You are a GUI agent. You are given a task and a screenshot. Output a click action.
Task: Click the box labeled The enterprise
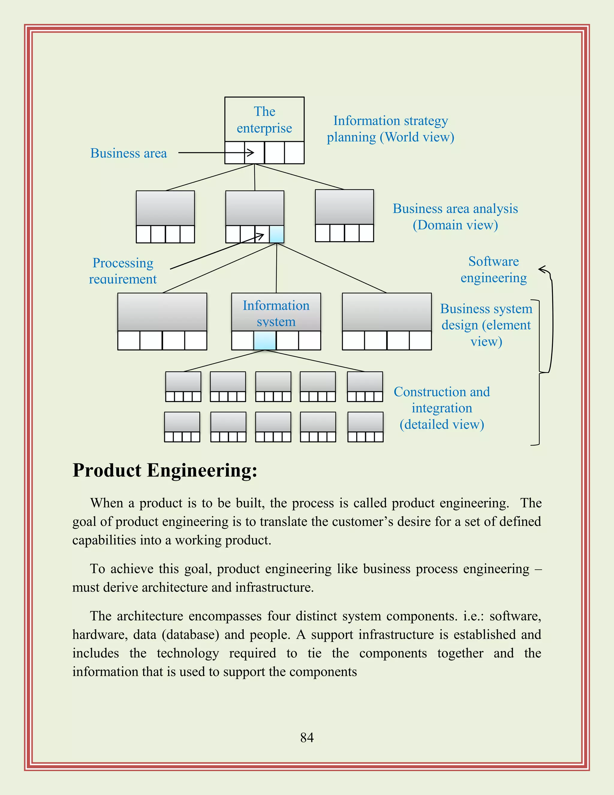click(x=264, y=120)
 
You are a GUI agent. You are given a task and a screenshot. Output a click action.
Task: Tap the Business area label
click(x=128, y=153)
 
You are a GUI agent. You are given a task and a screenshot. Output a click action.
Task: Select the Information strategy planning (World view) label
click(x=390, y=129)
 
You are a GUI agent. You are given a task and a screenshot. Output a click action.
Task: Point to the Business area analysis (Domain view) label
click(x=455, y=217)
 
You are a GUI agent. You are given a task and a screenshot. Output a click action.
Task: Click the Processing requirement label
click(x=123, y=271)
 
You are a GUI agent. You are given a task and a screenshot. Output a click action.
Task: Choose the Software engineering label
click(x=493, y=269)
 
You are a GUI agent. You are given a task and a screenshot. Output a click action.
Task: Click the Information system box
click(x=276, y=313)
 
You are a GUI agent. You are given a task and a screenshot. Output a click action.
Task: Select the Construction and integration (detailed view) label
click(x=442, y=408)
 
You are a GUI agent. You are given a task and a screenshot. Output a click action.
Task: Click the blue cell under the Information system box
click(x=265, y=341)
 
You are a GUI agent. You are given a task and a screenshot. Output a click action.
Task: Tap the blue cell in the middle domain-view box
click(x=276, y=234)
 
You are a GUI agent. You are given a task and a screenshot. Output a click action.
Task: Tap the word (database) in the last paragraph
click(x=190, y=634)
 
